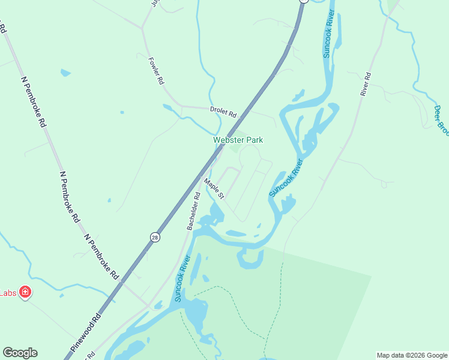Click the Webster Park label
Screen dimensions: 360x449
point(238,140)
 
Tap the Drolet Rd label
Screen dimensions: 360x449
point(223,112)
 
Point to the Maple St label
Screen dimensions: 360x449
point(214,188)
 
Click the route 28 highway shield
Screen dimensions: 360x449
point(155,237)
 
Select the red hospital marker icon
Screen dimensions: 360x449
point(25,293)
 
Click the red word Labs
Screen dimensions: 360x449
point(7,293)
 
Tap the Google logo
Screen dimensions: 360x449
point(20,353)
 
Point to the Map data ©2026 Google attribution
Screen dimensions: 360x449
point(412,355)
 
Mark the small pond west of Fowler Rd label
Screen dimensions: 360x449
point(65,73)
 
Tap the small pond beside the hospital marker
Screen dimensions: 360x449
point(61,295)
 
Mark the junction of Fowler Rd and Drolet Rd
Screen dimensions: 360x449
point(181,107)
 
